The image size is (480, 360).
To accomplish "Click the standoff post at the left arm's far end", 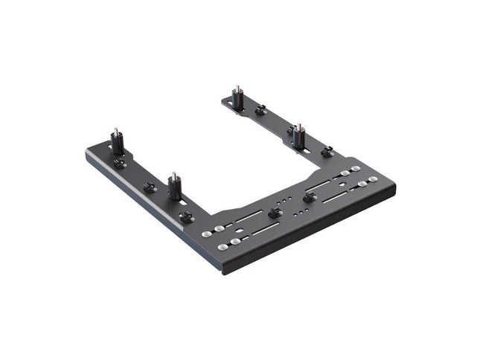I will coord(117,142).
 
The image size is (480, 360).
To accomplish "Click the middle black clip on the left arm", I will coord(150,187).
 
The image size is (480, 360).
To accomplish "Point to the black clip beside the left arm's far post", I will coord(120,164).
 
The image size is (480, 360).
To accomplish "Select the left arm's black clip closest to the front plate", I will coord(185,217).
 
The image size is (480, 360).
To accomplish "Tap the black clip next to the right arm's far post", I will coord(260,111).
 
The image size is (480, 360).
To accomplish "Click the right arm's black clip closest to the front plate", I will coord(326,152).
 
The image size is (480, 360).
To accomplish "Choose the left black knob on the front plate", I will coord(274,213).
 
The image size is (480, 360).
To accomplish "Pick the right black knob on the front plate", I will coord(309,197).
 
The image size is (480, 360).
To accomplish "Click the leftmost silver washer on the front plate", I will coord(207,234).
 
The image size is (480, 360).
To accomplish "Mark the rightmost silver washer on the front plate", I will coord(373,179).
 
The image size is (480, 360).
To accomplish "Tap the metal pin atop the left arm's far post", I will coord(116,130).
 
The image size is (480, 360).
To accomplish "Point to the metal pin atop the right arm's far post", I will coord(237,88).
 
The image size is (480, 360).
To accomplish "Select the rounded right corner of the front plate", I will coord(394,186).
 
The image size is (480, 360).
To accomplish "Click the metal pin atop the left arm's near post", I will coord(174,176).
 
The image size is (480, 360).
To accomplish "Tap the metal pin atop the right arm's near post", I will coord(298,126).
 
